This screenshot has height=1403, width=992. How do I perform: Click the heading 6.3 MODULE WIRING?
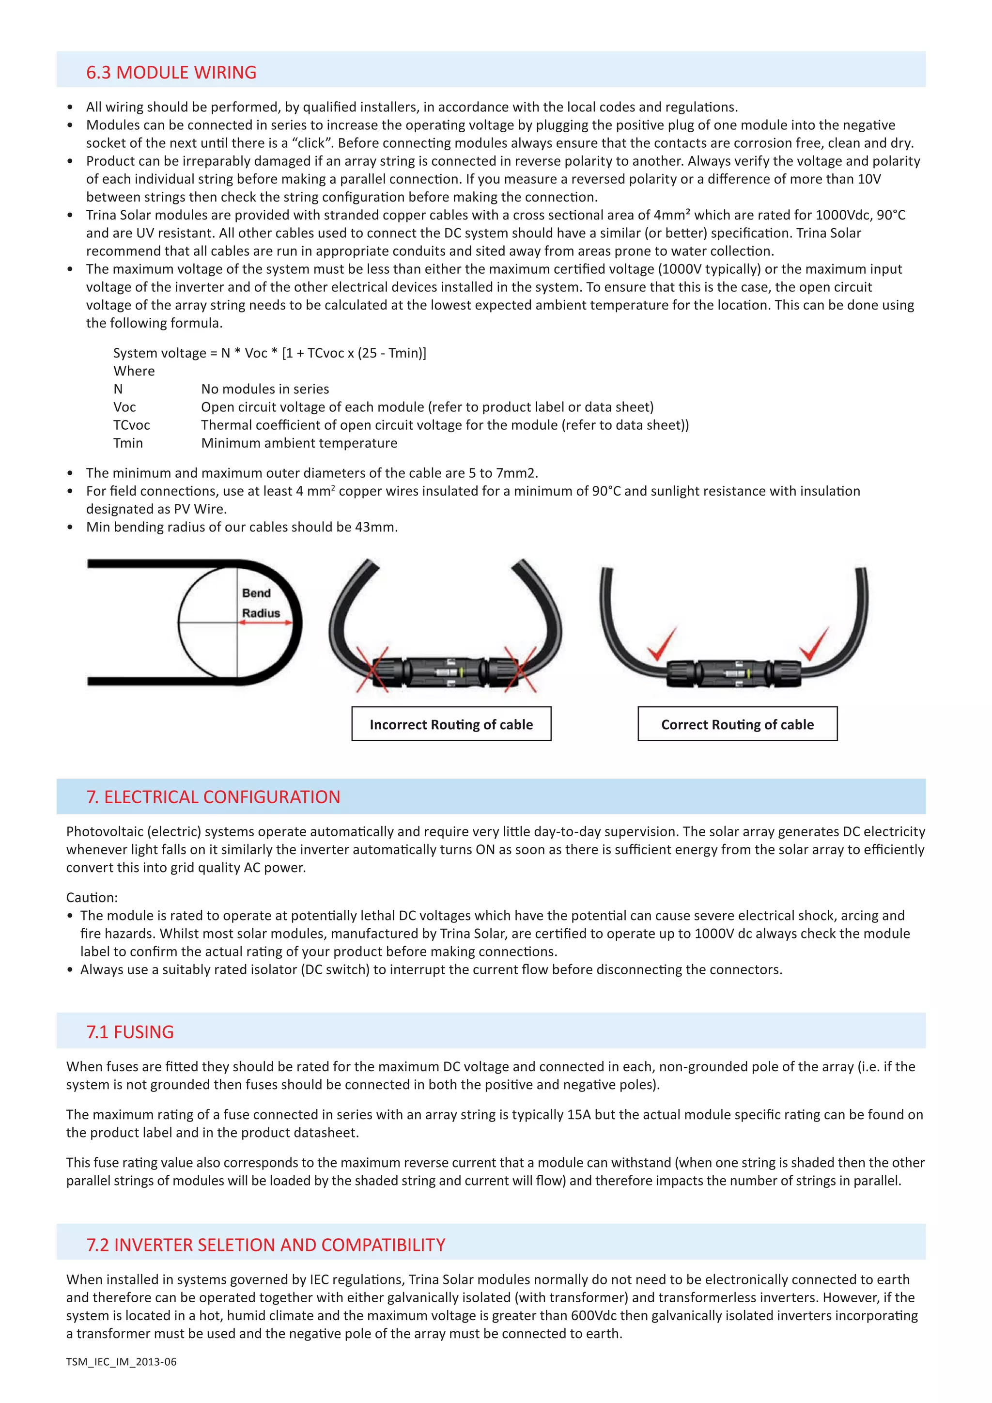coord(171,72)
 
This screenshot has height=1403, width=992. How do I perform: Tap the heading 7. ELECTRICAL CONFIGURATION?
coord(213,797)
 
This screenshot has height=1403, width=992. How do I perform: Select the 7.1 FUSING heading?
coord(130,1032)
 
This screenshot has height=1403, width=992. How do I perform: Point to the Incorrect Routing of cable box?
coord(451,724)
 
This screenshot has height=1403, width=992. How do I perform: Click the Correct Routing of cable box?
coord(737,724)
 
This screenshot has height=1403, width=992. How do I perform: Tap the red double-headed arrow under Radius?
coord(266,623)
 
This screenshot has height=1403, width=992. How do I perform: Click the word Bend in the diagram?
coord(256,592)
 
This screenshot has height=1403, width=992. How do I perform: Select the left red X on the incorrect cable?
coord(372,669)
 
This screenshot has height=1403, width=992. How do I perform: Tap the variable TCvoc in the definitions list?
coord(131,425)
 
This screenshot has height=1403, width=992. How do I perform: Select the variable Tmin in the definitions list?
coord(128,443)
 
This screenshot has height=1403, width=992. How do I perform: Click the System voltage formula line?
coord(269,353)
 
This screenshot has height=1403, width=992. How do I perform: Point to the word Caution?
coord(92,897)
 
